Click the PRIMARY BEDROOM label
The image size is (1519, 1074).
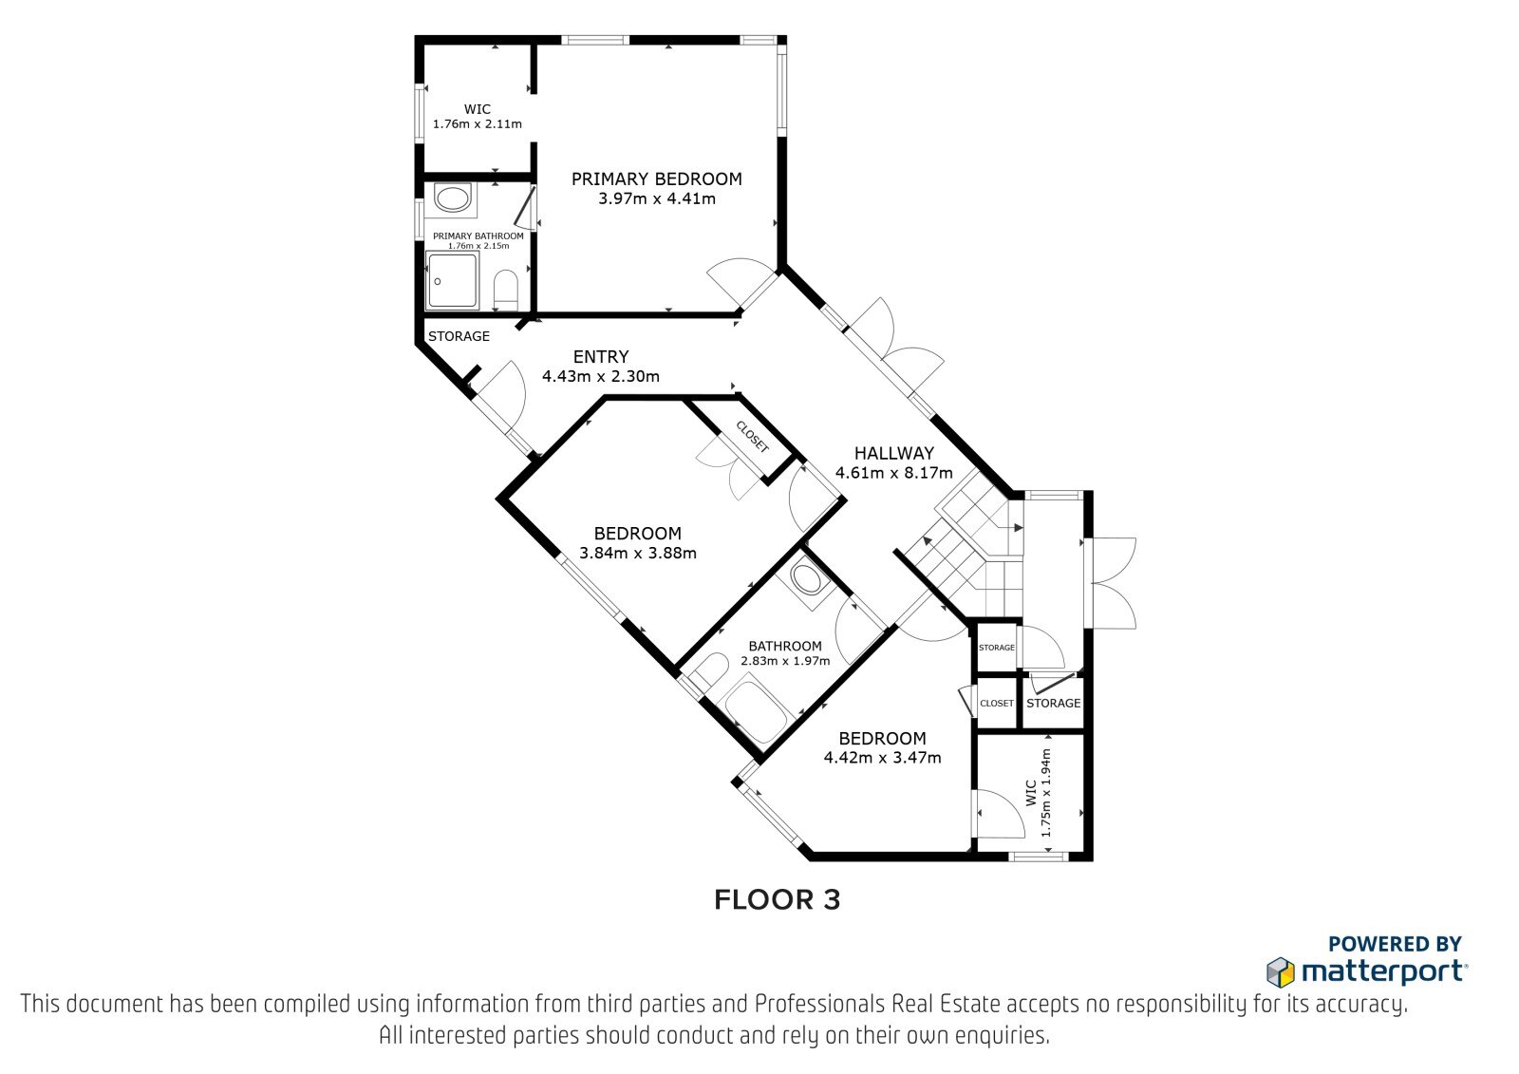tap(656, 179)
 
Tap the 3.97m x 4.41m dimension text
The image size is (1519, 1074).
tap(656, 198)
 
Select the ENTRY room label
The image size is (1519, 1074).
tap(601, 356)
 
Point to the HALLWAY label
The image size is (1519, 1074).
tap(893, 453)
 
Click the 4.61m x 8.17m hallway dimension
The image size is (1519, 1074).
tap(893, 473)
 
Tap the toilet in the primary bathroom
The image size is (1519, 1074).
tap(505, 290)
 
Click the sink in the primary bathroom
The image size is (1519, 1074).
tap(452, 198)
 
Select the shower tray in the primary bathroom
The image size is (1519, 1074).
tap(452, 281)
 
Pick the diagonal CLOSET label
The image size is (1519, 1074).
tap(753, 437)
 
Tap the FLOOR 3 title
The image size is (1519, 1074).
tap(778, 900)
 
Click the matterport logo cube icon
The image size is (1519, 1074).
tap(1281, 972)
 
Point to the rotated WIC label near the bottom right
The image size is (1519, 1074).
tap(1031, 793)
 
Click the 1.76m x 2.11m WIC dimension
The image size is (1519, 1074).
tap(478, 124)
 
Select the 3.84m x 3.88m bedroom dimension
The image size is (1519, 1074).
tap(637, 553)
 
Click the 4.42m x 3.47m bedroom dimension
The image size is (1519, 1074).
tap(882, 758)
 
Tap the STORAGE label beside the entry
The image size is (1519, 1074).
tap(459, 336)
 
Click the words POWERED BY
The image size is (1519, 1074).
tap(1395, 944)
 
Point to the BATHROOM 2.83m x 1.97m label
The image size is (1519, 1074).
tap(785, 653)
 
